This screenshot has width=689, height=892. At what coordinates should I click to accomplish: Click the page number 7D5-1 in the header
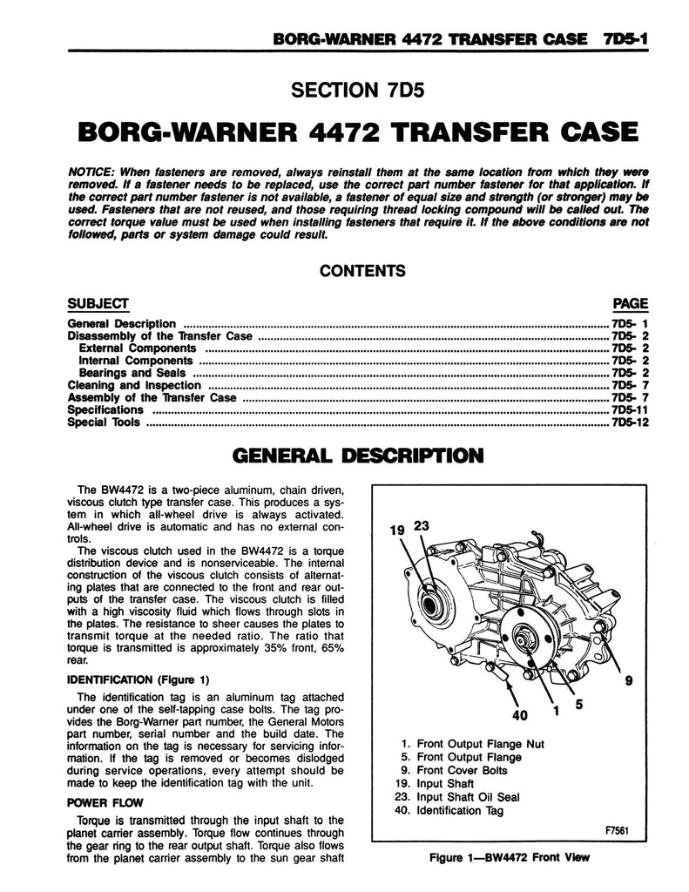click(625, 38)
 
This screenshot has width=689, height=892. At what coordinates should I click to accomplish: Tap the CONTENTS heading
click(361, 270)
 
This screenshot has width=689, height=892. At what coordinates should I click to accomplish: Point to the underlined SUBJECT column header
click(98, 303)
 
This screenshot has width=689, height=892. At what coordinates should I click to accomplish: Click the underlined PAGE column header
click(631, 303)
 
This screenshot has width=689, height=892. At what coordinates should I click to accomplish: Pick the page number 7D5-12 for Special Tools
click(630, 422)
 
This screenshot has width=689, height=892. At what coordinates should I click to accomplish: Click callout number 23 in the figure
click(422, 525)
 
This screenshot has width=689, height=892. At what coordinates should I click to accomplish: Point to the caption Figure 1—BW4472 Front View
click(510, 857)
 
